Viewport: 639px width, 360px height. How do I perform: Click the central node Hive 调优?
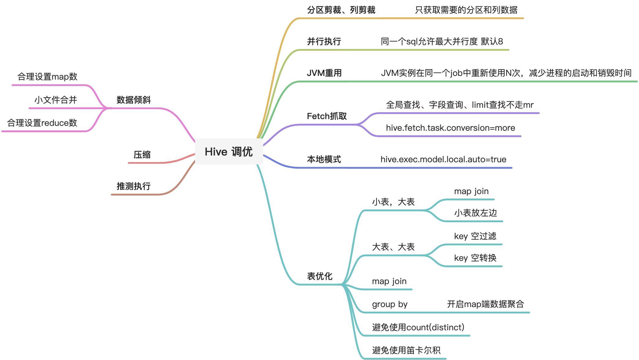[229, 152]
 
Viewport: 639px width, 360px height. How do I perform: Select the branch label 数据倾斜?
[134, 100]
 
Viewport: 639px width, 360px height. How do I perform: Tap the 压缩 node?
[142, 155]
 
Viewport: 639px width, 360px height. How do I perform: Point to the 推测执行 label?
[134, 186]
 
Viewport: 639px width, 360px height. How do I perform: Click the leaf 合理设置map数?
[47, 77]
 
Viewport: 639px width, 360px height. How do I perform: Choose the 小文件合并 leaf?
[55, 100]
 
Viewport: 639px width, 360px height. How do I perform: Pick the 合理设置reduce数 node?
[42, 123]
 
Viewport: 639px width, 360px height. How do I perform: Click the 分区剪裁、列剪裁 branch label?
[341, 10]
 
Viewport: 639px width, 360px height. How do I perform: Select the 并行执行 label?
[324, 41]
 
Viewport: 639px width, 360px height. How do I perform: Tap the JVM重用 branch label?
[324, 73]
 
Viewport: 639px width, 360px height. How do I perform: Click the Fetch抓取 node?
[327, 116]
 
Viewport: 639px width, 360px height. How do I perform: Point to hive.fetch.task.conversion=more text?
[450, 128]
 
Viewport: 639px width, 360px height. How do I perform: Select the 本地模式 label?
[324, 159]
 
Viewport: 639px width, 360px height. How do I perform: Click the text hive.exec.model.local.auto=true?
[443, 159]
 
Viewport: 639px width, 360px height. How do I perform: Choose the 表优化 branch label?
[319, 276]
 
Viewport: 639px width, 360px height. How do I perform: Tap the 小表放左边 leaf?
[475, 213]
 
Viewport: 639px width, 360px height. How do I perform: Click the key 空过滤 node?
[475, 236]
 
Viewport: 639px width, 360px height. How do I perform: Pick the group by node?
[390, 304]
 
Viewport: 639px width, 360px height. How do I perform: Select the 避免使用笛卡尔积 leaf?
[406, 350]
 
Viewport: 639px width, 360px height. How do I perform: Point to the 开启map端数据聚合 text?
[485, 304]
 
